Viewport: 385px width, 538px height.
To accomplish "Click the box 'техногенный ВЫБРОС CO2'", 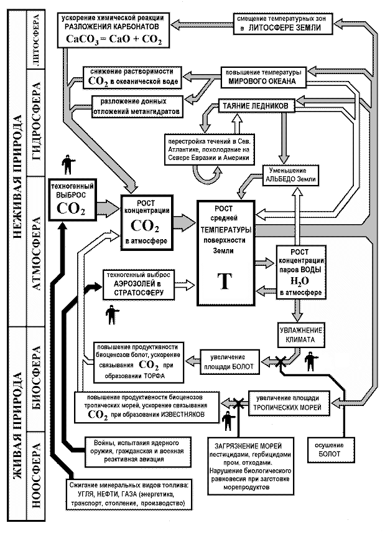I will [x=74, y=197].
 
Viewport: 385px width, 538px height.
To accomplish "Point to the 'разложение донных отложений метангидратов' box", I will [x=137, y=105].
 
